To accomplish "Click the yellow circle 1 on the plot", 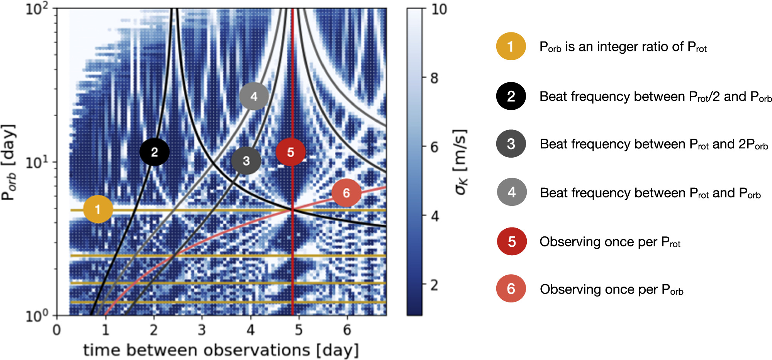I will [x=98, y=209].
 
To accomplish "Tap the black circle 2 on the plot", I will [x=154, y=152].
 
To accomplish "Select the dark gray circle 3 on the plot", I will [x=246, y=160].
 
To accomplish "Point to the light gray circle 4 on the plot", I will [x=254, y=96].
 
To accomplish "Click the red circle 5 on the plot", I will [x=290, y=152].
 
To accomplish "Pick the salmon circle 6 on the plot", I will [x=346, y=193].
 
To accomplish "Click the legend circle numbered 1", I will [x=511, y=46].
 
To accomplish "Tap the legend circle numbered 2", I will [x=511, y=96].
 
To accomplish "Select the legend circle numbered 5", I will [x=512, y=241].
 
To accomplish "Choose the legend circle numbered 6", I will [x=511, y=289].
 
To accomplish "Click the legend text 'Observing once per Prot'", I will [x=610, y=242].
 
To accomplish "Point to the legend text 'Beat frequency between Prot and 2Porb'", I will [x=653, y=144].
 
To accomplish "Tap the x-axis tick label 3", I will [x=202, y=330].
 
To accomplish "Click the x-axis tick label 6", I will [x=347, y=330].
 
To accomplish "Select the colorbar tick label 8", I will [x=434, y=78].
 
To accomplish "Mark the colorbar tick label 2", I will [x=434, y=285].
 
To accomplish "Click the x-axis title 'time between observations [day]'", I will [x=221, y=350].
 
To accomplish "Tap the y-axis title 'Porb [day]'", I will [x=8, y=162].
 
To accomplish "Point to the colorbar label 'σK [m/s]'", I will [x=460, y=162].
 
